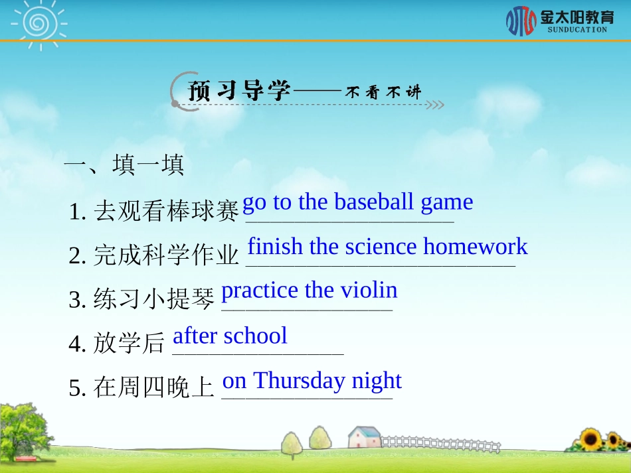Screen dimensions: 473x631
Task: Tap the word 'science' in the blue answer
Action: pos(381,247)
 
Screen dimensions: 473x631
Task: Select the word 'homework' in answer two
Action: pos(476,247)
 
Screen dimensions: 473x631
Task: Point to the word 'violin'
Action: pos(369,290)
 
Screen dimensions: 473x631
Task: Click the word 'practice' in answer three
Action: pos(260,291)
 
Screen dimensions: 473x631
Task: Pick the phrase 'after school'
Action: pos(230,336)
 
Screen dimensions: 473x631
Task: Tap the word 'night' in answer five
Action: pos(377,381)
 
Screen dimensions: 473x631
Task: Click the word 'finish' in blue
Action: pos(274,247)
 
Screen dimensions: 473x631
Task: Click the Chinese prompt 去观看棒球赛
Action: pos(165,212)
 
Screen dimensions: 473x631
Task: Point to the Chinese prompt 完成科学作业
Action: pos(165,255)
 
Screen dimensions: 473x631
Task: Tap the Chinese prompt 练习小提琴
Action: pos(154,300)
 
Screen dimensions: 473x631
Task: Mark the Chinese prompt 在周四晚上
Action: pos(154,388)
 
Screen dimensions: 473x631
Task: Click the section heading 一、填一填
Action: pos(124,165)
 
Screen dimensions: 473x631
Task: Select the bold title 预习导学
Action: pos(240,91)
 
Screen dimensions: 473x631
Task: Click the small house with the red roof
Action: pos(365,437)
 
